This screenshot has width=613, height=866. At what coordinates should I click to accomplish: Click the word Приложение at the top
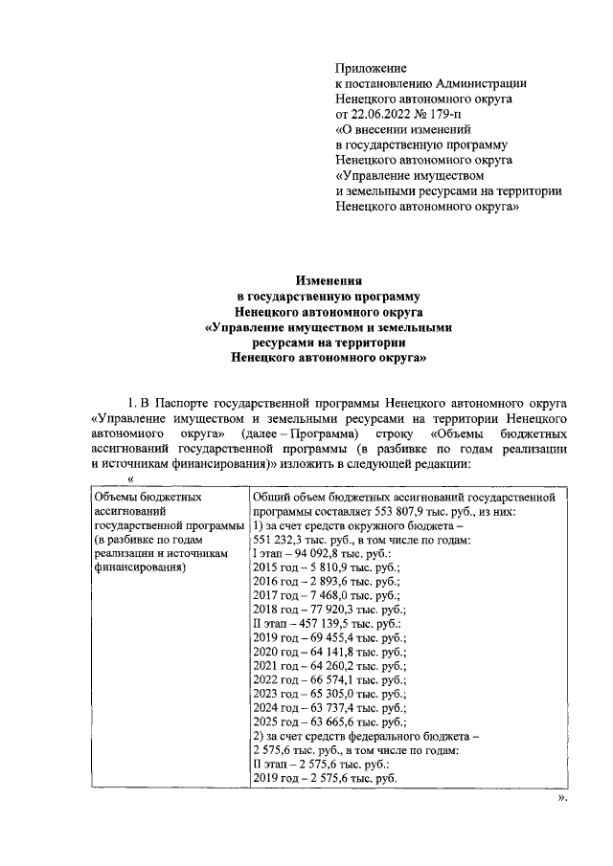pyautogui.click(x=371, y=68)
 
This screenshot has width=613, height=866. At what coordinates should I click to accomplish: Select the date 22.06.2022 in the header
pyautogui.click(x=384, y=114)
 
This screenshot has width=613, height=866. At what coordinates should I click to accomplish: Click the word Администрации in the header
pyautogui.click(x=475, y=83)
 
